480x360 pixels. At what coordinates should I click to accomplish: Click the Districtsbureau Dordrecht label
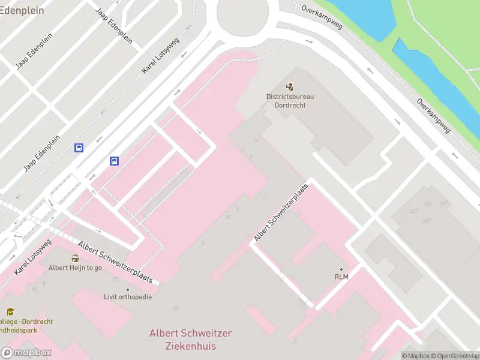coord(290,100)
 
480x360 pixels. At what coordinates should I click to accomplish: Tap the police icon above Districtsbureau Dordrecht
coord(290,86)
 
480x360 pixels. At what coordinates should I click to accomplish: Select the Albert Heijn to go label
coord(75,268)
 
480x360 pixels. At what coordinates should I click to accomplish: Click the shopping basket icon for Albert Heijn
coord(75,259)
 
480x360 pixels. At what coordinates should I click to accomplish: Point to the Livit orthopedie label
coord(128,296)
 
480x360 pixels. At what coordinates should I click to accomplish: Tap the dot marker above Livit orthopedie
coord(127,289)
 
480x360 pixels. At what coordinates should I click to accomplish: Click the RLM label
coord(341,277)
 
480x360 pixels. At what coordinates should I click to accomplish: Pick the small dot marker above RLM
coord(341,269)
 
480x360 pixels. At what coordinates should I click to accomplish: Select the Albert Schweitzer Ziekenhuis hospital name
coord(190,340)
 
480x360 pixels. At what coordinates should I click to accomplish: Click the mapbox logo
coord(26,353)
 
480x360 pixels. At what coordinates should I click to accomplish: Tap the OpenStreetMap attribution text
coord(454,356)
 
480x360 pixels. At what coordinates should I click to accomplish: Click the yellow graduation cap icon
coord(10,312)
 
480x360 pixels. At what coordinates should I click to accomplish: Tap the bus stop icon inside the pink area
coord(114,161)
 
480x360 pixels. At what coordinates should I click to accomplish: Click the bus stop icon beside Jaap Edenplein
coord(79,148)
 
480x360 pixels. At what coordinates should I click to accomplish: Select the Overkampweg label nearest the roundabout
coord(322,19)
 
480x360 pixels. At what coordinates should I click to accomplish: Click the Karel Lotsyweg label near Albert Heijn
coord(33,257)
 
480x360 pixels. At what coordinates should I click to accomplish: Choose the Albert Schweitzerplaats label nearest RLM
coord(280,212)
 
